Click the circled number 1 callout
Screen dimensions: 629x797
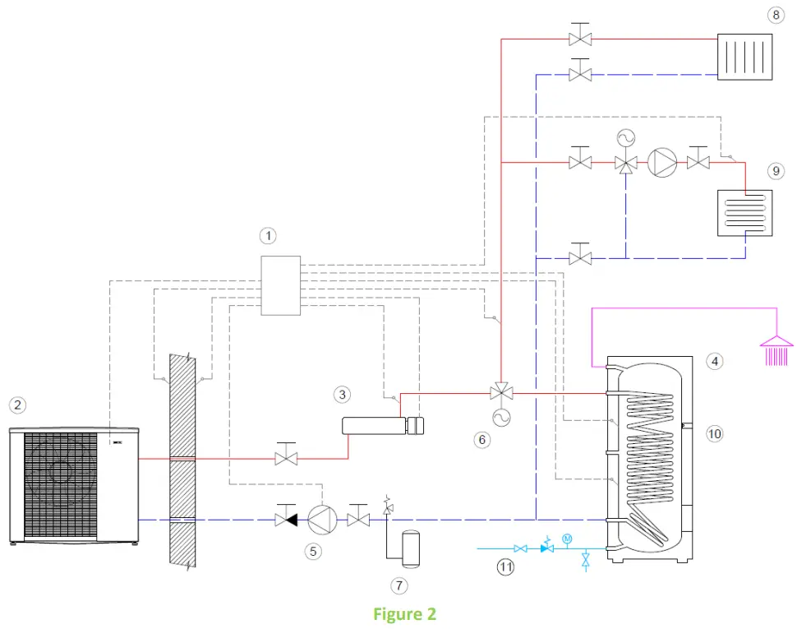click(x=267, y=236)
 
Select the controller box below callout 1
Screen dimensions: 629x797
click(x=280, y=285)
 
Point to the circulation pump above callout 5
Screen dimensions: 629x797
click(x=319, y=520)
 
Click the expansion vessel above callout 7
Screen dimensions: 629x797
click(x=408, y=548)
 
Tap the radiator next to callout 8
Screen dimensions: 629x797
click(x=744, y=57)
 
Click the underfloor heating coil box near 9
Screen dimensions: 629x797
click(x=744, y=214)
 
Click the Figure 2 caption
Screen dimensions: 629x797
click(x=404, y=614)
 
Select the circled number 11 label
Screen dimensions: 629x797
click(x=505, y=567)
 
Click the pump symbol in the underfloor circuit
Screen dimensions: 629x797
click(x=661, y=163)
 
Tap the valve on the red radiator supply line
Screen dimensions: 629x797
click(x=581, y=39)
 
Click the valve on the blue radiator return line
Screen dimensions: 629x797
click(x=581, y=75)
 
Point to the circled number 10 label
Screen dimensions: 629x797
click(x=715, y=433)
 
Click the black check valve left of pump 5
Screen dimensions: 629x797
click(x=286, y=520)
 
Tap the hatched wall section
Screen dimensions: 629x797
click(x=182, y=460)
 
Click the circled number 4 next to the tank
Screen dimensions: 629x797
click(x=715, y=360)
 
